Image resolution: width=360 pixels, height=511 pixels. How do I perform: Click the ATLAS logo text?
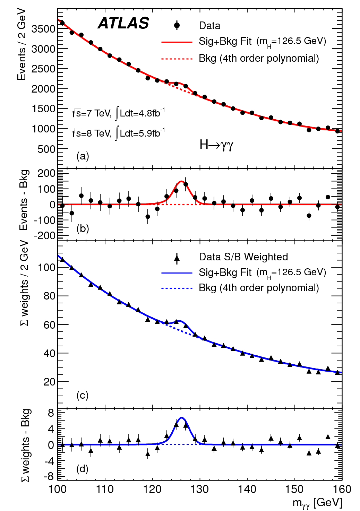point(123,23)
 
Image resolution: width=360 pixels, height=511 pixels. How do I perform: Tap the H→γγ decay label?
point(216,145)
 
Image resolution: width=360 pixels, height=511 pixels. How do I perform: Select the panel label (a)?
point(83,156)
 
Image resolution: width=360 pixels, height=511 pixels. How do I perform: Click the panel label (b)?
point(83,228)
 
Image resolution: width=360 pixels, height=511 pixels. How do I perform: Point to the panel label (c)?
point(83,395)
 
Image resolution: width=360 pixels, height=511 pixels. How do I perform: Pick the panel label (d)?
point(83,469)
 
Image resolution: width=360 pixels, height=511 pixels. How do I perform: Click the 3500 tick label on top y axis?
point(43,29)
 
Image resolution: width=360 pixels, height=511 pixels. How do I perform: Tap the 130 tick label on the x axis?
point(199,489)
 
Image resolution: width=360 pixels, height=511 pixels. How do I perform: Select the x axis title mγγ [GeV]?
point(317,503)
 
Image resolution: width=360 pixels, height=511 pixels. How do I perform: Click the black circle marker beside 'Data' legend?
point(177,25)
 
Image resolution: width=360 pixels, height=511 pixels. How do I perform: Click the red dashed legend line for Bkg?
point(177,59)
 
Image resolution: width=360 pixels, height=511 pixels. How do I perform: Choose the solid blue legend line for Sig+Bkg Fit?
point(177,273)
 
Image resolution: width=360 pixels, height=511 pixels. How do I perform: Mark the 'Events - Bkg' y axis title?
point(24,200)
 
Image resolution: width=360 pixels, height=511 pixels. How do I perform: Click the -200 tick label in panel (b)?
point(44,235)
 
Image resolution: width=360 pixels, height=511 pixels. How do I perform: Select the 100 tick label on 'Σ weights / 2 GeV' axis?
point(47,267)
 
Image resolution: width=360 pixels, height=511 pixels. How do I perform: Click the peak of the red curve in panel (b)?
point(181,181)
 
